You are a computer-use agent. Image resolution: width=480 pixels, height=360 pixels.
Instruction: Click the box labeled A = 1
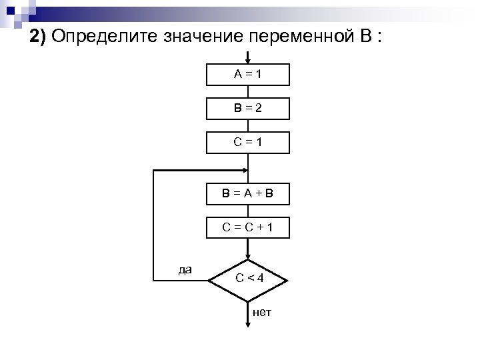click(x=248, y=75)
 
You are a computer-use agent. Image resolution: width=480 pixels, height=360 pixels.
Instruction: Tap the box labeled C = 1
click(x=248, y=142)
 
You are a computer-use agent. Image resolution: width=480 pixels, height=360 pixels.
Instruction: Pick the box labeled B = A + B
click(x=248, y=195)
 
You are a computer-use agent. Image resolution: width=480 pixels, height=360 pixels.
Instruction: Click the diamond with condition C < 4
click(x=248, y=278)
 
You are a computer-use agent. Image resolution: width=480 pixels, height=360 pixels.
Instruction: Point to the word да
click(x=185, y=270)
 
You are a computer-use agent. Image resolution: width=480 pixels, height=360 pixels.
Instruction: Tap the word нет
click(x=262, y=312)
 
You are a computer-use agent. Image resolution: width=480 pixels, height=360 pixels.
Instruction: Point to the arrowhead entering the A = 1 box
click(x=248, y=61)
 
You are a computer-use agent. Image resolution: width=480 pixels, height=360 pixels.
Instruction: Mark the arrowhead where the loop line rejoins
click(x=243, y=171)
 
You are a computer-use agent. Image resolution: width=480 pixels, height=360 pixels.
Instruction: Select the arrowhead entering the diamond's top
click(x=248, y=256)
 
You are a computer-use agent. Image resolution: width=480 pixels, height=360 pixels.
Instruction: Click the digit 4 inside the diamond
click(x=261, y=278)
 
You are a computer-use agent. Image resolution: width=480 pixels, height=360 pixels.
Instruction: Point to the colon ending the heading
click(x=379, y=37)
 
